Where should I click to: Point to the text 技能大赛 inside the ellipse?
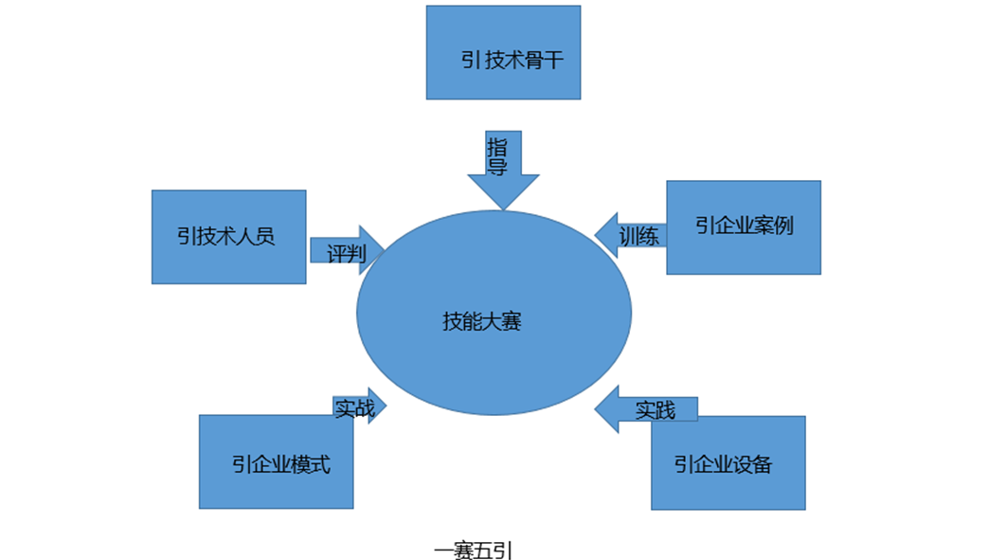click(x=481, y=321)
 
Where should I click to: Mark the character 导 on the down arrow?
click(x=497, y=167)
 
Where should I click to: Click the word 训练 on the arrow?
click(x=639, y=235)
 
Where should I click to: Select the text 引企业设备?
click(x=723, y=464)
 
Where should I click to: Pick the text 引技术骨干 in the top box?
click(x=512, y=60)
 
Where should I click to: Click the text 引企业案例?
click(x=744, y=226)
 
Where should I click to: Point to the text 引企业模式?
click(x=280, y=465)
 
